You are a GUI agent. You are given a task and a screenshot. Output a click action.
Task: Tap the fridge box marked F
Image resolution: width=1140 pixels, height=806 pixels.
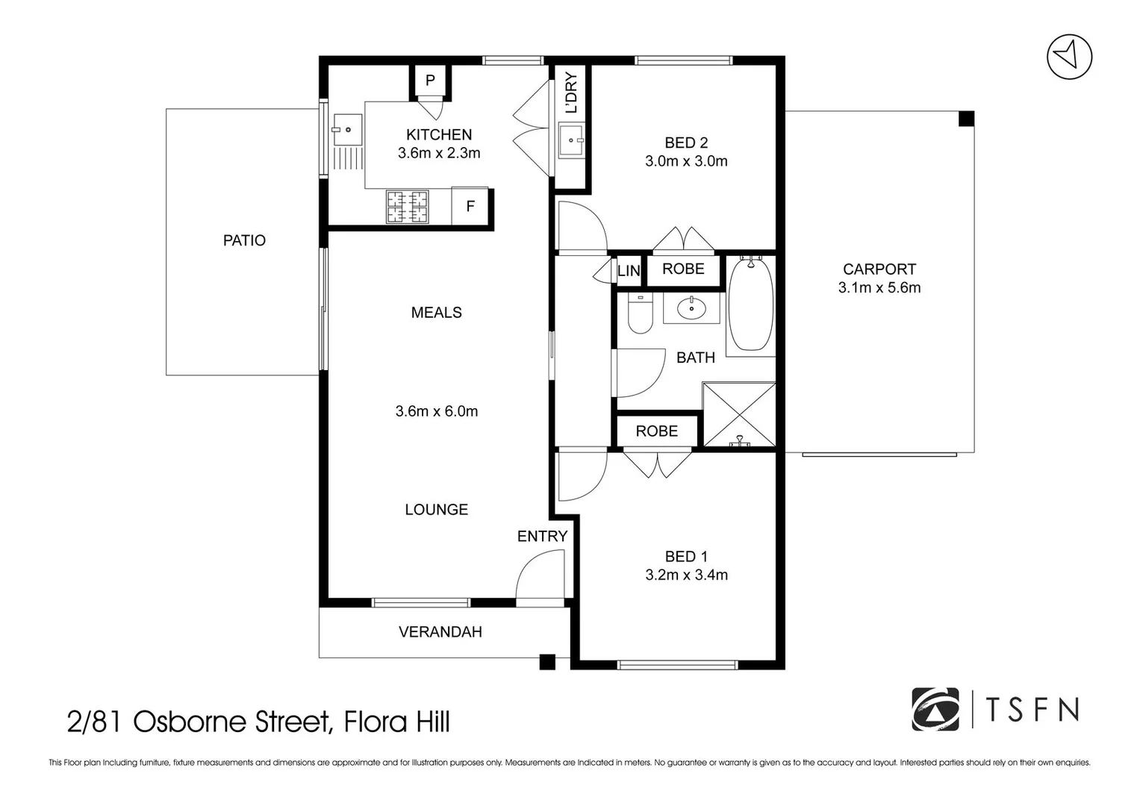coord(470,206)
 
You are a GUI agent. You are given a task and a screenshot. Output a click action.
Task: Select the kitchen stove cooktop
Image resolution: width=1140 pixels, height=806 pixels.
coord(407,207)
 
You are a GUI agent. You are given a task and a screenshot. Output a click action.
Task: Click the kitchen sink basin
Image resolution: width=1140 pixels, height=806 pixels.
coord(347,130)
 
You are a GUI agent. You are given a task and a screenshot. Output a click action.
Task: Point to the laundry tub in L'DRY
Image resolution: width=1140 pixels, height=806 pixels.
coord(571,140)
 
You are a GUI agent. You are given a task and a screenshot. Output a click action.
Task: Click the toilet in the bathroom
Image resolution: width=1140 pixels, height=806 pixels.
coord(640,313)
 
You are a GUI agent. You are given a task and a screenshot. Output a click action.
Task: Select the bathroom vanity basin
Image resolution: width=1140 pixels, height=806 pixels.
coord(691,307)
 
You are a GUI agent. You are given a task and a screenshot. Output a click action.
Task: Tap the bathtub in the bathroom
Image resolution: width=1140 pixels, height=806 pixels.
coord(750,304)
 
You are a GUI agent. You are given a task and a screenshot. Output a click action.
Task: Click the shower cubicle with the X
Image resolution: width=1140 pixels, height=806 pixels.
coord(739,416)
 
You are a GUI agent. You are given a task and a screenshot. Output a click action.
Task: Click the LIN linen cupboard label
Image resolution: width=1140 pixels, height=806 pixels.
coord(629,271)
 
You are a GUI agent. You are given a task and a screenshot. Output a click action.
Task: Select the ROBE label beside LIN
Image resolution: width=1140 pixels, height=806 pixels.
coord(683,269)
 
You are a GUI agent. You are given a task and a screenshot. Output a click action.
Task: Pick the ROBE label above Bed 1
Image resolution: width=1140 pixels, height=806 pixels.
coord(656,431)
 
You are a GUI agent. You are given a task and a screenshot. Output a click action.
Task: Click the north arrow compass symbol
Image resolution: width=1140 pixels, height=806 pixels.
coord(1069,57)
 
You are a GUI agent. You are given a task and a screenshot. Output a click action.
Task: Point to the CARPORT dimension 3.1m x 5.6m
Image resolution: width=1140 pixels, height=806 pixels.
coord(879,288)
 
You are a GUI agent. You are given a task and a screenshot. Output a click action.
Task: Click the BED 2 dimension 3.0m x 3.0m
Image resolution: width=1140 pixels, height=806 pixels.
coord(686,161)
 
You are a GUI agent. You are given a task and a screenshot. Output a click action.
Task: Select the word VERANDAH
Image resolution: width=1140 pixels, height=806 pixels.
coord(440,632)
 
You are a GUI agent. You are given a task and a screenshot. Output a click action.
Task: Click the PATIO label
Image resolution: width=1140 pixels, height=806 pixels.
coord(244,240)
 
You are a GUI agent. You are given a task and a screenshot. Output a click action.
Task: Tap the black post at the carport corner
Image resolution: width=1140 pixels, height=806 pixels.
coord(966,119)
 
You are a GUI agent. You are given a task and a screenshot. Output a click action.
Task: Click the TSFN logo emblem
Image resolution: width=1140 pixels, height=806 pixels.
coord(935,709)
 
